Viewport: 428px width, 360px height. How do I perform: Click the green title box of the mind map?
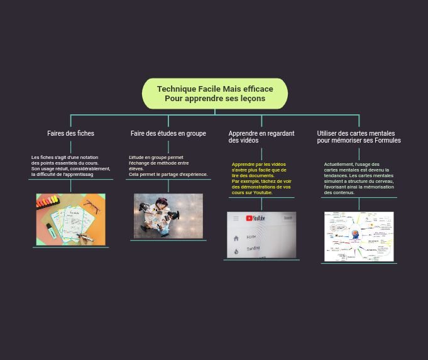pyautogui.click(x=214, y=94)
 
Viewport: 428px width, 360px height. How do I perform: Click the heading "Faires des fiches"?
pyautogui.click(x=70, y=133)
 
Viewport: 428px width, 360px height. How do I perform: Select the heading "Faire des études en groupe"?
pyautogui.click(x=168, y=133)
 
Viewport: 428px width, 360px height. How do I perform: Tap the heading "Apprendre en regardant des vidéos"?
pyautogui.click(x=261, y=136)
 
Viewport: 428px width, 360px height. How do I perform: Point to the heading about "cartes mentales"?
pyautogui.click(x=358, y=136)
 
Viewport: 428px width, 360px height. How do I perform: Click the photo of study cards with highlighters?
pyautogui.click(x=70, y=219)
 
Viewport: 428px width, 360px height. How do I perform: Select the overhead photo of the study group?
pyautogui.click(x=168, y=215)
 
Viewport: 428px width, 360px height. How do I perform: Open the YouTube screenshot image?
pyautogui.click(x=261, y=234)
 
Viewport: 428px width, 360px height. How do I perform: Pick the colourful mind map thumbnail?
pyautogui.click(x=358, y=236)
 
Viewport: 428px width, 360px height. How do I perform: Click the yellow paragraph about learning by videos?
pyautogui.click(x=261, y=178)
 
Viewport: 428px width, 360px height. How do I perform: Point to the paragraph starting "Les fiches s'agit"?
pyautogui.click(x=70, y=166)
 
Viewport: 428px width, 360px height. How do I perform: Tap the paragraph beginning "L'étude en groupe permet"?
pyautogui.click(x=167, y=166)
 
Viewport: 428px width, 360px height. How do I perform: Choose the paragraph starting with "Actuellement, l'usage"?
pyautogui.click(x=358, y=178)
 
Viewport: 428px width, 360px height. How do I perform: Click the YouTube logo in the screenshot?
pyautogui.click(x=255, y=219)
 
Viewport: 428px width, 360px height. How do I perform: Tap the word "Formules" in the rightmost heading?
pyautogui.click(x=387, y=140)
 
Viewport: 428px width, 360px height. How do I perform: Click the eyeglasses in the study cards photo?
pyautogui.click(x=92, y=206)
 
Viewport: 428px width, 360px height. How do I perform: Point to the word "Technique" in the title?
pyautogui.click(x=176, y=89)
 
